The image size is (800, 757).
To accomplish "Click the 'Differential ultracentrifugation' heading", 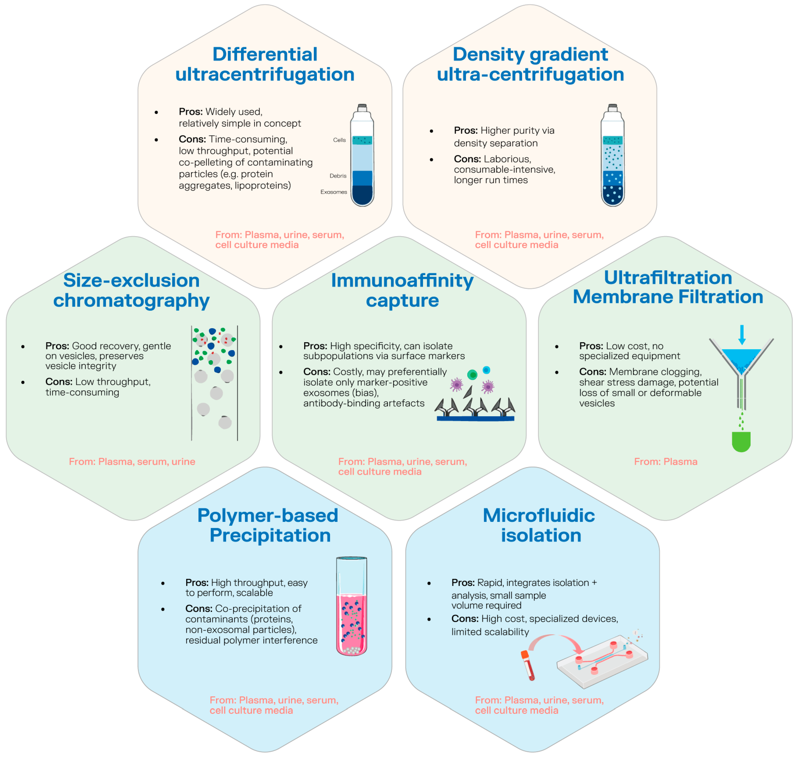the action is pyautogui.click(x=265, y=64).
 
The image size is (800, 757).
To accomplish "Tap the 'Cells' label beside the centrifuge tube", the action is pyautogui.click(x=339, y=140).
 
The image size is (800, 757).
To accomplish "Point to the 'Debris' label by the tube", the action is pyautogui.click(x=338, y=176).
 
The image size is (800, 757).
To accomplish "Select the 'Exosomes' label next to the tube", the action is pyautogui.click(x=334, y=192).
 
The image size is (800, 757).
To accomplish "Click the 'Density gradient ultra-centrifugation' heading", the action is pyautogui.click(x=530, y=64).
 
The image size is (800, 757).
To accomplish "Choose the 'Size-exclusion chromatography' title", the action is pyautogui.click(x=132, y=290).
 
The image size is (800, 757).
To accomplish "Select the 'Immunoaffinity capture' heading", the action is pyautogui.click(x=402, y=290).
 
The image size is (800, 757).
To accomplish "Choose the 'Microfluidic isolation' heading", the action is pyautogui.click(x=540, y=525).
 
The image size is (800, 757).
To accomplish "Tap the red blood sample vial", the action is pyautogui.click(x=528, y=665).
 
